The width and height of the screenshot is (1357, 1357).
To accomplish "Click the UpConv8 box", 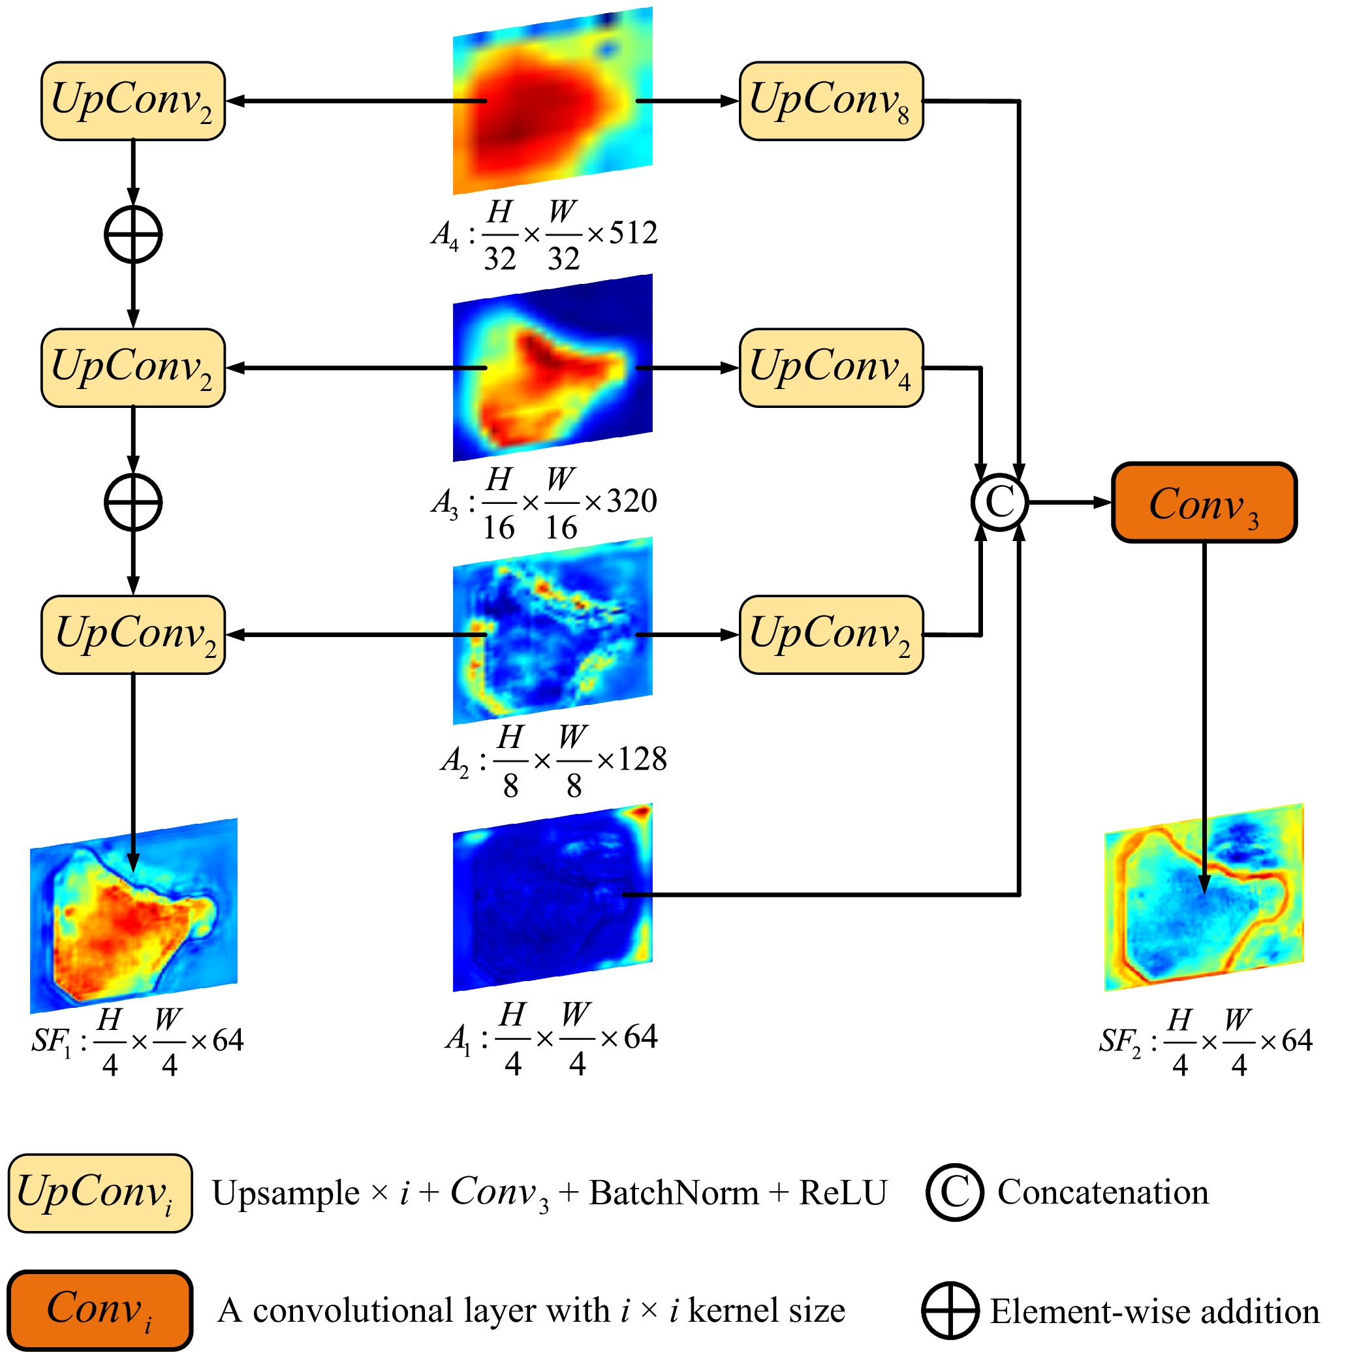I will click(831, 101).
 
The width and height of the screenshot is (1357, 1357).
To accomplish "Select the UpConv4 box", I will click(831, 368).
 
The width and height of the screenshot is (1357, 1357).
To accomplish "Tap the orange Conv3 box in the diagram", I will click(1204, 503).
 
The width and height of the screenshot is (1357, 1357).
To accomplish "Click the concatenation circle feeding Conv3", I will click(999, 502).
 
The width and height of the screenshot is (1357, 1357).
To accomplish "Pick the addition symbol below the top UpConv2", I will click(133, 234).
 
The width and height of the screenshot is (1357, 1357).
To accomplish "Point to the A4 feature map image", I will click(553, 101).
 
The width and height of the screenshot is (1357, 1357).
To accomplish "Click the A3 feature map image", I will click(553, 368).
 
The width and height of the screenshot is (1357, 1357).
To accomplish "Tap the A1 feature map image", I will click(553, 897).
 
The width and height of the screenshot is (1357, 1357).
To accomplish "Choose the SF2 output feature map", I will click(1204, 897).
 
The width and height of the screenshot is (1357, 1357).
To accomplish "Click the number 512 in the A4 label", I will click(634, 233).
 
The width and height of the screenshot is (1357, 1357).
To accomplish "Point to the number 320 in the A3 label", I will click(632, 501).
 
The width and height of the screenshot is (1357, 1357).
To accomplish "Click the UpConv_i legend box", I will click(100, 1193).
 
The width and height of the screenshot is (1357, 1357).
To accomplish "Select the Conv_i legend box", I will click(100, 1311).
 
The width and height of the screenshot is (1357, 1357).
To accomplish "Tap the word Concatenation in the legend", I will click(1102, 1193).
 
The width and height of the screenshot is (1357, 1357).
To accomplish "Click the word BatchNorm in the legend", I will click(674, 1193).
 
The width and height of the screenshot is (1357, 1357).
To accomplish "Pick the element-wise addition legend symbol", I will click(950, 1311).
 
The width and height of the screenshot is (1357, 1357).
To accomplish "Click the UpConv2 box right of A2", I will click(831, 635).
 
